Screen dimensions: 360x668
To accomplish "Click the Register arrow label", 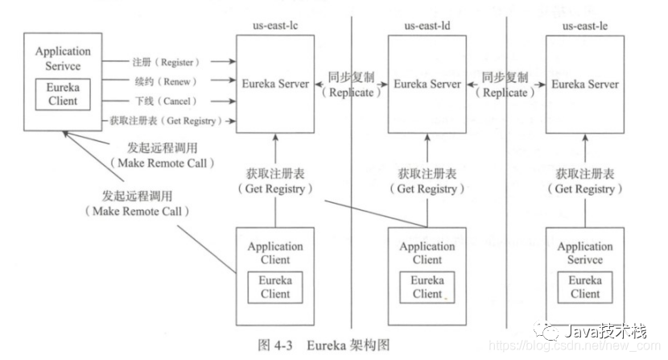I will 167,61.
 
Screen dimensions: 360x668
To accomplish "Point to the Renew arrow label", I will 165,81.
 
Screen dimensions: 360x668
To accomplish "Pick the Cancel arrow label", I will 165,101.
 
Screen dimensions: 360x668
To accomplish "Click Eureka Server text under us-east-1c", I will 275,84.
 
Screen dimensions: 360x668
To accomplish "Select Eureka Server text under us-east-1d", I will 427,84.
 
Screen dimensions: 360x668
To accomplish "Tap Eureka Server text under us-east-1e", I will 584,84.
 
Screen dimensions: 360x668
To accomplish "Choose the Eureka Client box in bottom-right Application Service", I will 585,288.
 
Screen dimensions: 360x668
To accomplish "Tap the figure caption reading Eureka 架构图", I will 323,345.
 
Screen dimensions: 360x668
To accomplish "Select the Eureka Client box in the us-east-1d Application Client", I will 427,287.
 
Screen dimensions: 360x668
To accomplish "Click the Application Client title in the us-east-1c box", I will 275,253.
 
